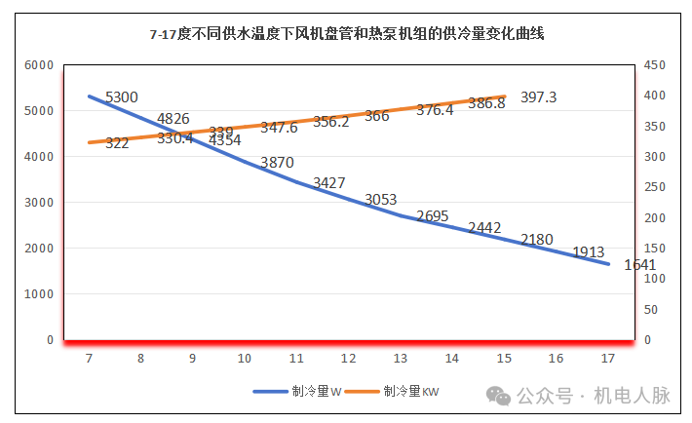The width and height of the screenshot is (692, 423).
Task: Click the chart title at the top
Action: [346, 33]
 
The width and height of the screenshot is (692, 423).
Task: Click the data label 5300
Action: [121, 97]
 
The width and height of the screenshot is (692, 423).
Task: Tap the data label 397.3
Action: [539, 97]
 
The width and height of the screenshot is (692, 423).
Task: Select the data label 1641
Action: [640, 264]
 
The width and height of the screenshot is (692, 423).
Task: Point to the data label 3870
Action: [277, 163]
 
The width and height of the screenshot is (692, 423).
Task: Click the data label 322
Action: [117, 143]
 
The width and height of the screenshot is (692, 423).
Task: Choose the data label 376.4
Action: [435, 110]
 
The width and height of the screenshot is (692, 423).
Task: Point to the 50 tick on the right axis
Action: [651, 310]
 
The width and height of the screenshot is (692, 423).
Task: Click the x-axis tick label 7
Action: [89, 358]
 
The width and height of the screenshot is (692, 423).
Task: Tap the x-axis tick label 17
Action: [607, 358]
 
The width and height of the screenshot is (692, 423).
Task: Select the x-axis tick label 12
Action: [348, 358]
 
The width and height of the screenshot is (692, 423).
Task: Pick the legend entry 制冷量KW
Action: [410, 391]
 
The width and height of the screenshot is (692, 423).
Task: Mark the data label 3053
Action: [381, 200]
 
